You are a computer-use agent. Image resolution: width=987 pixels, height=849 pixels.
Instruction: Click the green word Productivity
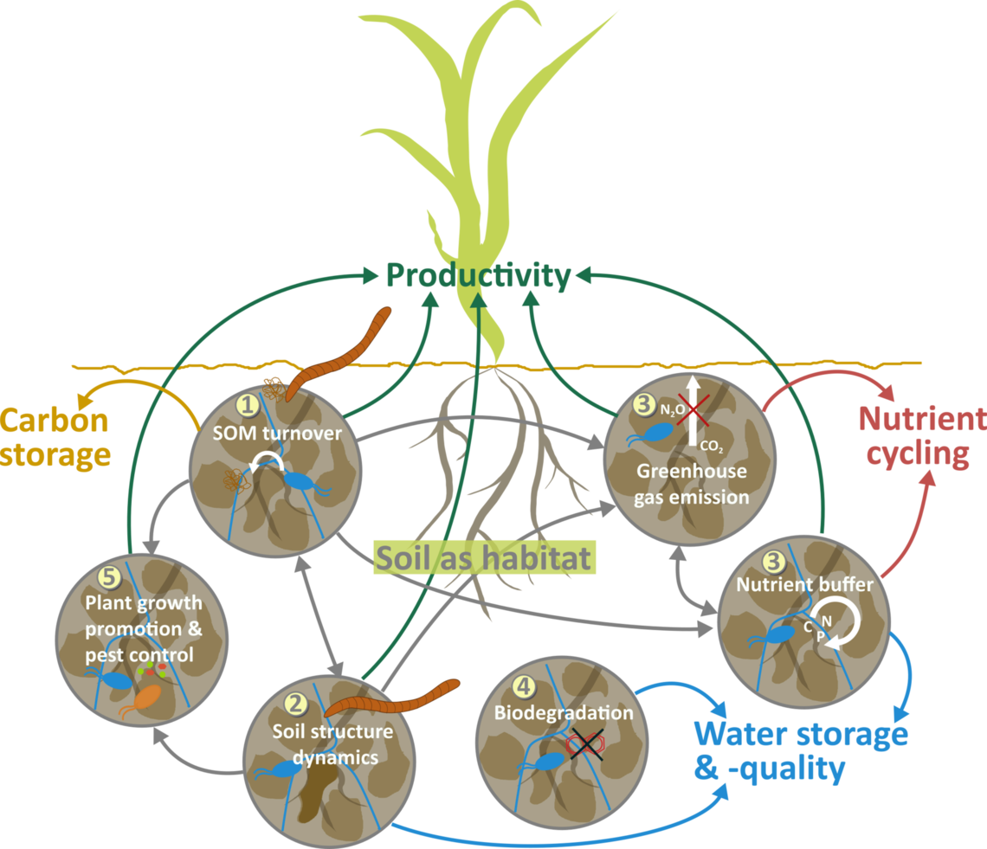pos(478,277)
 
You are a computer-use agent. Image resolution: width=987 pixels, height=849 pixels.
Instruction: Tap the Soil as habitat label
pos(484,557)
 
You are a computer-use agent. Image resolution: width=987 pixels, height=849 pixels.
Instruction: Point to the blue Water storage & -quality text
pos(800,750)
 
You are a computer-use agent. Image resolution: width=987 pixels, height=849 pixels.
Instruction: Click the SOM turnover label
pos(277,433)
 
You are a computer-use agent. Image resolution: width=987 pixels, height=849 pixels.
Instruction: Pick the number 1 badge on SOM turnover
pos(248,403)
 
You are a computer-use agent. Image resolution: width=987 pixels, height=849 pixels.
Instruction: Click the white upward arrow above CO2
pos(693,411)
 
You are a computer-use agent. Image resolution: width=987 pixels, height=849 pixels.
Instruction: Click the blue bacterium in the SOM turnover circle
pos(302,481)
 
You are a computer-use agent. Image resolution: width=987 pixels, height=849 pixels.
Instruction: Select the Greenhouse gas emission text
pos(692,485)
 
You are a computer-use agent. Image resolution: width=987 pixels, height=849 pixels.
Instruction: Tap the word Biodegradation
pos(563,713)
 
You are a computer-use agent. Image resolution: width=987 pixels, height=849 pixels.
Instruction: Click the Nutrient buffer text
pos(804,585)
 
